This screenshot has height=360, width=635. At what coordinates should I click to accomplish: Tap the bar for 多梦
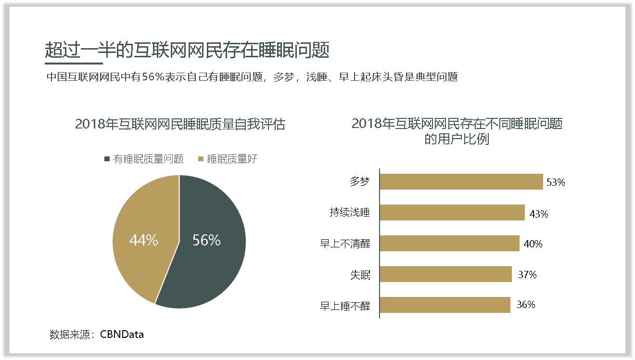tap(461, 182)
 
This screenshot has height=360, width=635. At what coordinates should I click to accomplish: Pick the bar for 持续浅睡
tap(452, 213)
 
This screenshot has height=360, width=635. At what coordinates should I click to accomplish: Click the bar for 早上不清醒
tap(449, 244)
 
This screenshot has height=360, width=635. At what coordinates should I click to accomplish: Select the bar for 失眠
tap(445, 274)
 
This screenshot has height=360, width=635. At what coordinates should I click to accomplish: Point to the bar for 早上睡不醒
tap(444, 305)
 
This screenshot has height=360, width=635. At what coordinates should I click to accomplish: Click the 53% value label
tap(556, 182)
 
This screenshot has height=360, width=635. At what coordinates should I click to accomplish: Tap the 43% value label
tap(538, 214)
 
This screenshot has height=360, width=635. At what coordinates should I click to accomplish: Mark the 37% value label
tap(527, 275)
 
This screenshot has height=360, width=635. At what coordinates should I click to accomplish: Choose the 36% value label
tap(526, 305)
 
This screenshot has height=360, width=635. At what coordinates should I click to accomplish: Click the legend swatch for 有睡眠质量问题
tap(107, 159)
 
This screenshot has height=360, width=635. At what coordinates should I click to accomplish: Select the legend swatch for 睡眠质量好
tap(201, 159)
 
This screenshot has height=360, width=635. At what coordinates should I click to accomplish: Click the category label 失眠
tap(360, 275)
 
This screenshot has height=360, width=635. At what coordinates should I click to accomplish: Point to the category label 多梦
tap(360, 182)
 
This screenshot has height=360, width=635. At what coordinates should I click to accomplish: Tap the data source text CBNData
tap(122, 334)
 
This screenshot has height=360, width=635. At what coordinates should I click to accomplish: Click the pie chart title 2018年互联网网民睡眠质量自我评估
tap(180, 124)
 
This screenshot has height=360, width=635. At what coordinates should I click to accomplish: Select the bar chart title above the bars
tap(457, 131)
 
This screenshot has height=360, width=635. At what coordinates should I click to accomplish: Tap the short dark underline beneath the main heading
tap(74, 63)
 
